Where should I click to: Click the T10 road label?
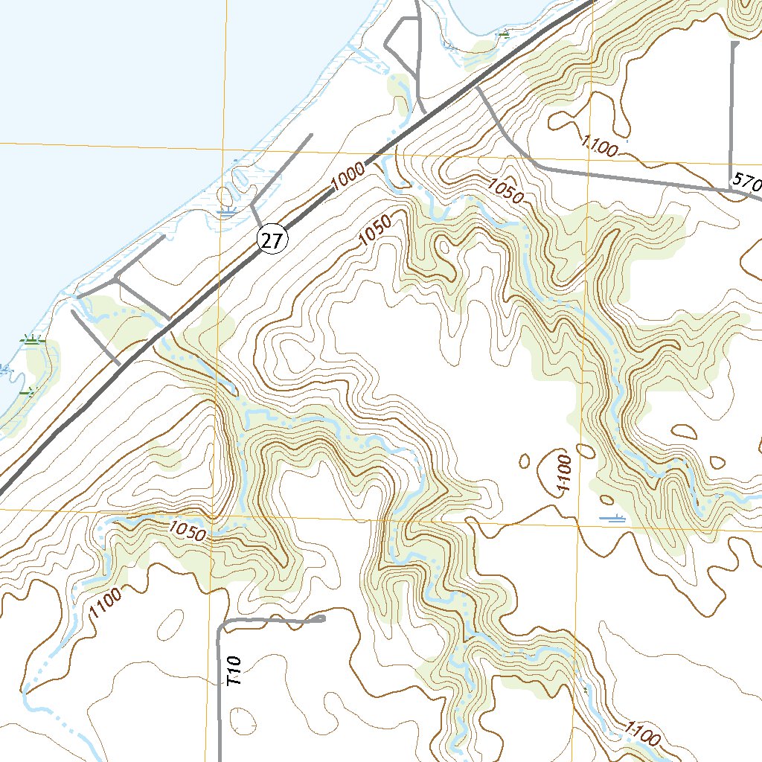click(x=235, y=670)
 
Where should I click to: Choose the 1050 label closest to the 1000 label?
click(x=374, y=237)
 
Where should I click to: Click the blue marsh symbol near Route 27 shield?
click(x=226, y=212)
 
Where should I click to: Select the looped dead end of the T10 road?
click(x=321, y=618)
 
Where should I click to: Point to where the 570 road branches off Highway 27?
click(x=478, y=88)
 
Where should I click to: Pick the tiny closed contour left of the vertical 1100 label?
click(x=524, y=461)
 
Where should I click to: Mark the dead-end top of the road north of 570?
click(x=735, y=45)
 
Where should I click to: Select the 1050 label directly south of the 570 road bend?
click(x=507, y=191)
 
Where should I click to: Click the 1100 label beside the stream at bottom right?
click(x=642, y=735)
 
